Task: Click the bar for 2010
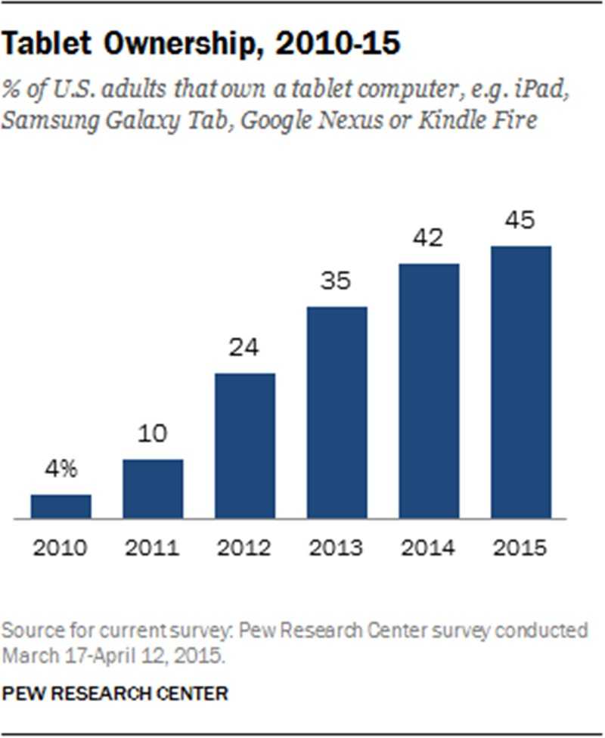pos(61,507)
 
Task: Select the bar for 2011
pos(153,489)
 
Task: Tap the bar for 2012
pos(245,446)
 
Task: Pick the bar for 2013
pos(337,413)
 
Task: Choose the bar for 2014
pos(429,392)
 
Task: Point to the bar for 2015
pos(520,383)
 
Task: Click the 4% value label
pos(61,470)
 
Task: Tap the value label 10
pos(153,435)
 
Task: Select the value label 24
pos(245,349)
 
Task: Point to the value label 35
pos(337,282)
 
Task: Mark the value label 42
pos(429,239)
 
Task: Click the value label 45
pos(520,221)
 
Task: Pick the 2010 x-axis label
pos(61,548)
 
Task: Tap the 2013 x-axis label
pos(337,548)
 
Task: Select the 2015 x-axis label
pos(520,548)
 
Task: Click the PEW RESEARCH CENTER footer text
pos(116,693)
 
